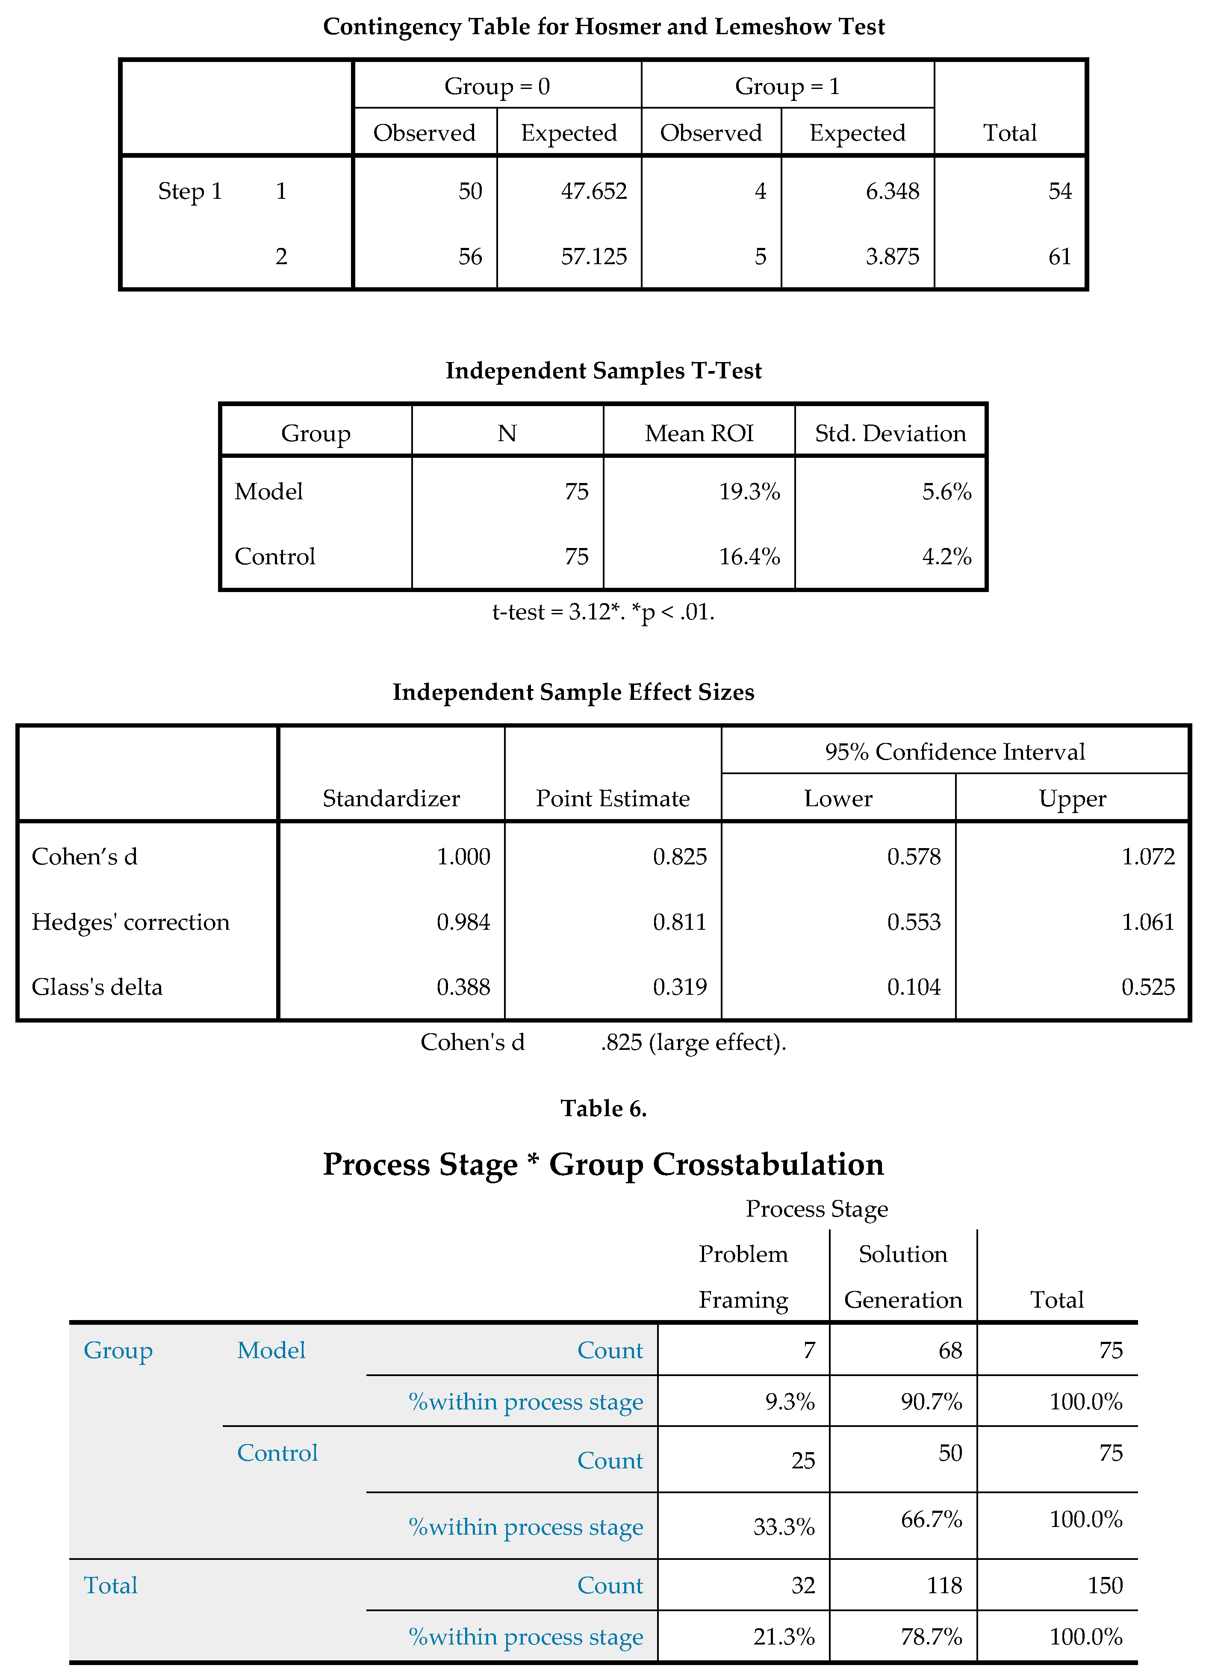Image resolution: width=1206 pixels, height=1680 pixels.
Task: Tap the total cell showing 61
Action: tap(1059, 256)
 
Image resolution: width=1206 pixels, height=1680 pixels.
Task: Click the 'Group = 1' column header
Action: tap(787, 86)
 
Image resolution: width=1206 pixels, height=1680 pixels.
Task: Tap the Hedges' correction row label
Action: tap(130, 922)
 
